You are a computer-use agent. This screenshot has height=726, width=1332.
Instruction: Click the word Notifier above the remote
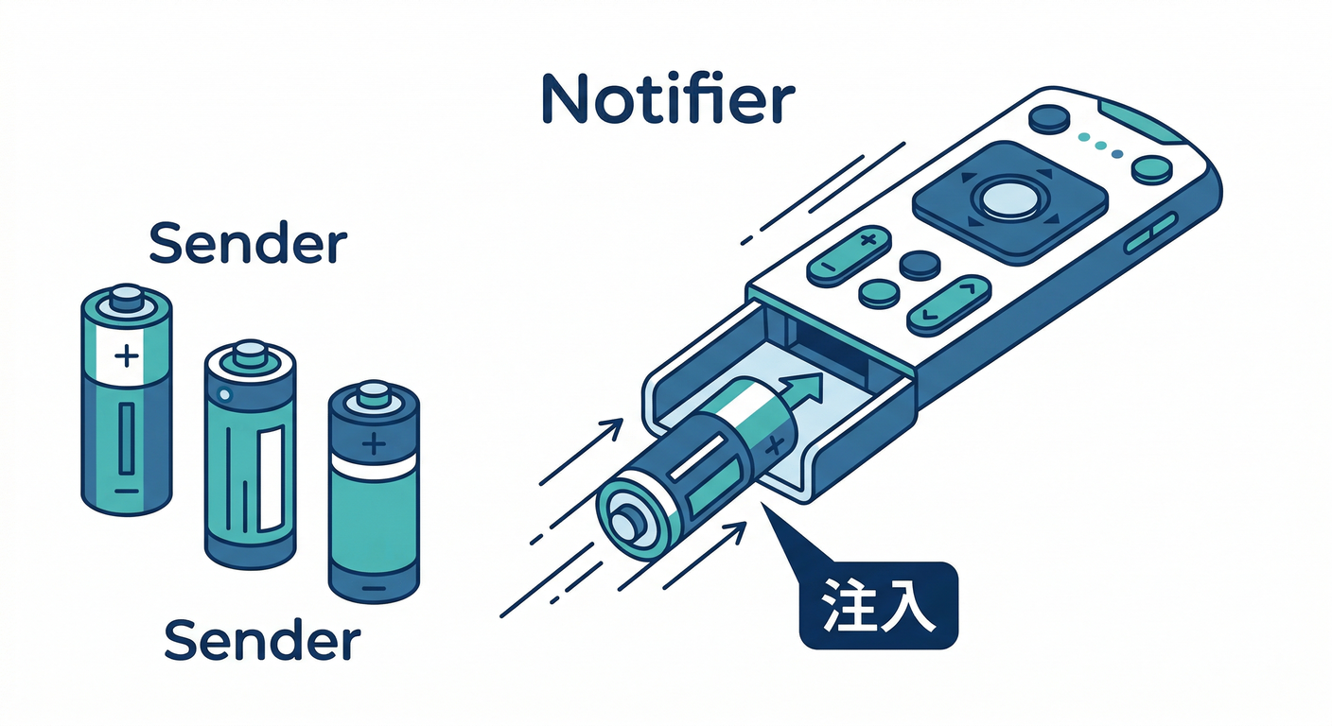click(669, 99)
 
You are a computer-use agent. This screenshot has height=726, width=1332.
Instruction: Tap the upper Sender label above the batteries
click(248, 243)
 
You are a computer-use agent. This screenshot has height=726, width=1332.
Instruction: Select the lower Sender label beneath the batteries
click(262, 639)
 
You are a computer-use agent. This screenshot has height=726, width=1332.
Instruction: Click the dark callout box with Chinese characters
click(879, 605)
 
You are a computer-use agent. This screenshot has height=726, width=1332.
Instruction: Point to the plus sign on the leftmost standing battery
click(127, 355)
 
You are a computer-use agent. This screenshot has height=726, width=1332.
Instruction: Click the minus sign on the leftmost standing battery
click(127, 491)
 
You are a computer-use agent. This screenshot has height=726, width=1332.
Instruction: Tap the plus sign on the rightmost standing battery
click(374, 443)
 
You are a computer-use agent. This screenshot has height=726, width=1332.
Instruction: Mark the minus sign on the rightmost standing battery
click(374, 588)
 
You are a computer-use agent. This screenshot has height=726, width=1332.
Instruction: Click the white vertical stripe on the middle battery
click(272, 480)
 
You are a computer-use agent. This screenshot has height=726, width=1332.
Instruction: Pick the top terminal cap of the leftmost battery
click(127, 298)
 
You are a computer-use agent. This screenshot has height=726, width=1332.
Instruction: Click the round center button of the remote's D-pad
click(1010, 199)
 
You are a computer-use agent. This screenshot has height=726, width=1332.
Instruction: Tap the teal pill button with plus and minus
click(849, 256)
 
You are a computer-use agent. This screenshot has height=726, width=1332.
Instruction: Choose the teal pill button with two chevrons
click(949, 305)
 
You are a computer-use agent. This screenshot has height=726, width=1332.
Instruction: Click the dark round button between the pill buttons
click(920, 266)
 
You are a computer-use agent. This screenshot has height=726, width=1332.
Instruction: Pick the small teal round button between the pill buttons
click(879, 293)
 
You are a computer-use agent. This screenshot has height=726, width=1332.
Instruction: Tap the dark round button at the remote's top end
click(1049, 119)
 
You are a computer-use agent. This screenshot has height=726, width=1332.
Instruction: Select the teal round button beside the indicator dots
click(1152, 170)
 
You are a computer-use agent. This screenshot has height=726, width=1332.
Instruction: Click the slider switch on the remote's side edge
click(1151, 233)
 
